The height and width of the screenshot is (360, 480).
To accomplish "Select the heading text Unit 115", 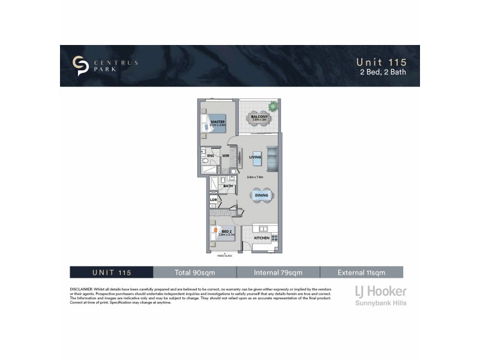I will coord(382,62).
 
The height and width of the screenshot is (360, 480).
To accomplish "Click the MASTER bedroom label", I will coord(217,122).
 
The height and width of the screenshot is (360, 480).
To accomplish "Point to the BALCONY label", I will coord(259,116).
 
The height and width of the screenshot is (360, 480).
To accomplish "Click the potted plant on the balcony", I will coord(274,106).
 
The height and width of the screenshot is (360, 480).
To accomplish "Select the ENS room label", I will coord(211,156).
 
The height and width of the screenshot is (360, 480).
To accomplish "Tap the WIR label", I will coord(226,156).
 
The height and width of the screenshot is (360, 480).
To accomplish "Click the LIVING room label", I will coord(255,157).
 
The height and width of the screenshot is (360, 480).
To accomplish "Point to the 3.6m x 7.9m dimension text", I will coord(255,177).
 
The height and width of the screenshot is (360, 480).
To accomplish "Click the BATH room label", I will coord(228,186).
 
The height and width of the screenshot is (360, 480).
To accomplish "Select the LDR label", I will coord(213,200).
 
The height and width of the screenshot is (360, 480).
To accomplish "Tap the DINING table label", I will coord(261,196).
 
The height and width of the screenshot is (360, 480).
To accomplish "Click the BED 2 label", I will coord(227,232).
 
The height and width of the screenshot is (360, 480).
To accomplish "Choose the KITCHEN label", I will coord(262,238).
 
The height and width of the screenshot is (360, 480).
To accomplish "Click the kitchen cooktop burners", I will coord(275,238).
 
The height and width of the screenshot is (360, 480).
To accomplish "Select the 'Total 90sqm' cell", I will coord(195,272).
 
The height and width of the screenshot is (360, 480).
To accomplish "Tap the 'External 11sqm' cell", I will coord(361,272).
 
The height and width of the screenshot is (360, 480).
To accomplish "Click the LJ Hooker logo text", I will coord(377,292).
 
